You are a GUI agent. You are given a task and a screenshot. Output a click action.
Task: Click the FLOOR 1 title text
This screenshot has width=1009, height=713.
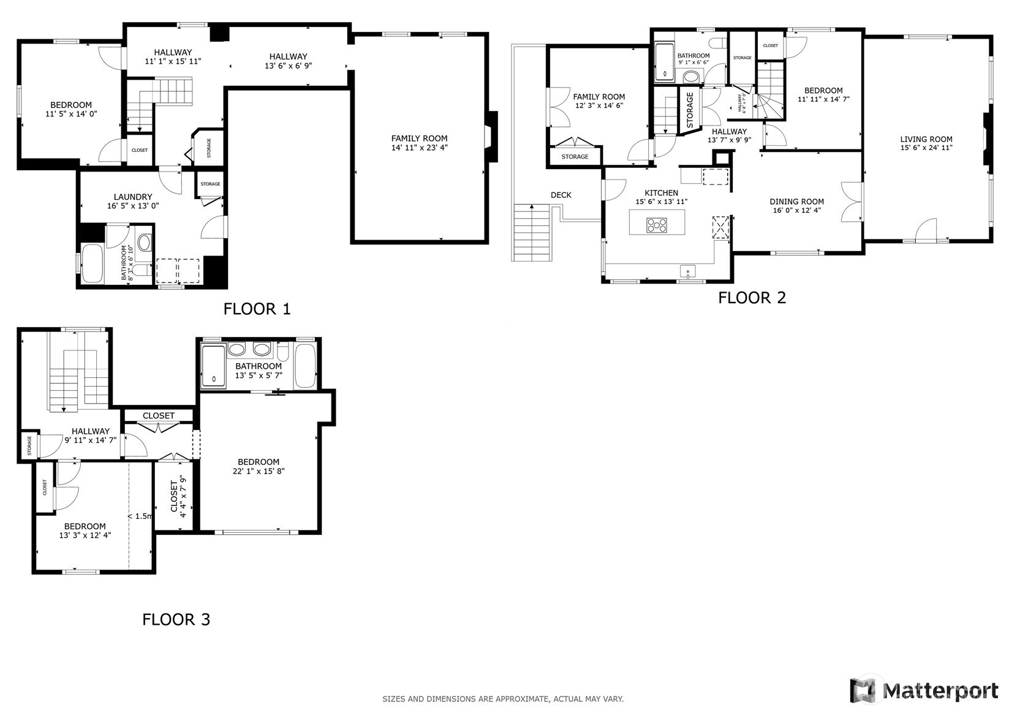[257, 309]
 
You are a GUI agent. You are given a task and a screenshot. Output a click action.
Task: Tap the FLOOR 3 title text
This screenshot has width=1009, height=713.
[176, 619]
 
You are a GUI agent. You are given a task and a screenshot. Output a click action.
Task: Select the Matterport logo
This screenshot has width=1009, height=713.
[924, 690]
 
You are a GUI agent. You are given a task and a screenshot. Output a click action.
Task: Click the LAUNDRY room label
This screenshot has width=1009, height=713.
[133, 197]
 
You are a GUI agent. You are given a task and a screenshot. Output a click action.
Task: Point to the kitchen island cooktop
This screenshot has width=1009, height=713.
[656, 225]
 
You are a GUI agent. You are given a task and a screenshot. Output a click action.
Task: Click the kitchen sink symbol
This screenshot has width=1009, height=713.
[687, 270]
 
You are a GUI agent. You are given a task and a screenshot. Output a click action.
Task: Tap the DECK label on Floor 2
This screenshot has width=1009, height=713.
[561, 195]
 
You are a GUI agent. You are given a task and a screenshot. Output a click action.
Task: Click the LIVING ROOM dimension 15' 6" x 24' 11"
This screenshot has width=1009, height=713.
[926, 148]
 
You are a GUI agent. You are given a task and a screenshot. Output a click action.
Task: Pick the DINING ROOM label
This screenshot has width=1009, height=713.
[796, 202]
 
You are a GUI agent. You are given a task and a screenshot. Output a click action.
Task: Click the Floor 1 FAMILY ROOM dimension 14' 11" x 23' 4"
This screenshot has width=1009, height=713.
[419, 148]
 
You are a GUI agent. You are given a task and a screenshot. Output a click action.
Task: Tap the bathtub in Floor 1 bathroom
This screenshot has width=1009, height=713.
[92, 263]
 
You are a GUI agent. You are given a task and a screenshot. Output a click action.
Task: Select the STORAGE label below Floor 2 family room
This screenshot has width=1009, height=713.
[575, 157]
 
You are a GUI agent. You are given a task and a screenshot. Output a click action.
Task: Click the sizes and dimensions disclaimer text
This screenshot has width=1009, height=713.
[503, 698]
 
